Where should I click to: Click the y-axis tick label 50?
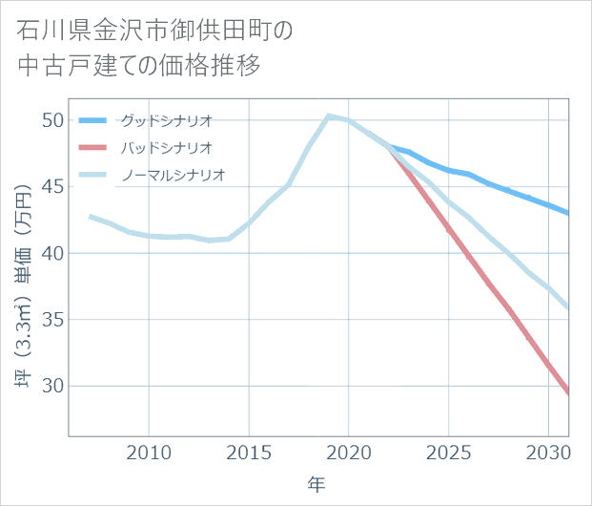tap(51, 120)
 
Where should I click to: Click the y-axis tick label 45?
tap(51, 187)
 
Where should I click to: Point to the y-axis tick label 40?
tap(51, 253)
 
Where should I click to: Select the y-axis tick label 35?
tap(51, 320)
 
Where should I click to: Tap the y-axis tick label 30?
tap(51, 386)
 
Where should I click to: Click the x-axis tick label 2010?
tap(149, 452)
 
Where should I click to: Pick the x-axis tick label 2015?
tap(249, 452)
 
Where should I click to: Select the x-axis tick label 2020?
tap(348, 452)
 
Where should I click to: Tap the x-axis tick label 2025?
tap(448, 452)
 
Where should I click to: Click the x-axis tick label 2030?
tap(548, 452)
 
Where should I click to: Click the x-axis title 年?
tap(317, 484)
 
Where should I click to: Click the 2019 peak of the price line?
tap(328, 116)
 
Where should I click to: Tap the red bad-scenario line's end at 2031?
tap(568, 392)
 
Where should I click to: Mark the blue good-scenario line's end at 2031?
tap(568, 213)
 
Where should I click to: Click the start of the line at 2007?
tap(90, 217)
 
